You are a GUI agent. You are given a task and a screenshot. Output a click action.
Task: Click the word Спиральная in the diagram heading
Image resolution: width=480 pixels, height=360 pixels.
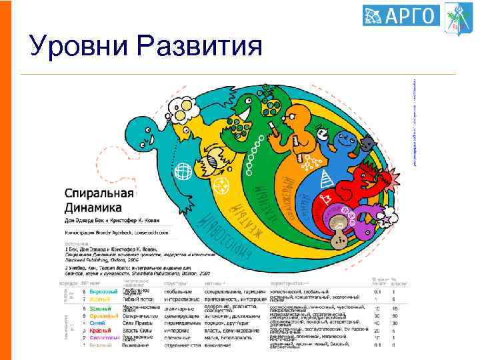click(99, 194)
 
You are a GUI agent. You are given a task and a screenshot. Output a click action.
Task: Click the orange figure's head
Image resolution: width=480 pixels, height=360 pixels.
click(293, 123)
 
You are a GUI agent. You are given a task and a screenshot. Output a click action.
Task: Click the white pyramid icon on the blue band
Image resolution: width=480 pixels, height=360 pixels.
click(327, 179)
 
